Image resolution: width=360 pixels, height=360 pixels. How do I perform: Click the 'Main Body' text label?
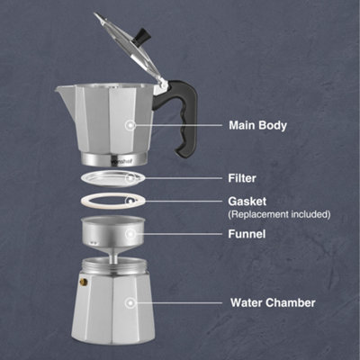258,126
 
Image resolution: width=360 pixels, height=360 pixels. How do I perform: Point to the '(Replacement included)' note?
280,214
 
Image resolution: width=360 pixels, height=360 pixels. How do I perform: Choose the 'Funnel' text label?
248,234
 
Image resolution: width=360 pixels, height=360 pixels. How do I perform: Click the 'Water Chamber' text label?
273,303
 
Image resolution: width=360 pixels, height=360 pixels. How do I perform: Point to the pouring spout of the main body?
61,89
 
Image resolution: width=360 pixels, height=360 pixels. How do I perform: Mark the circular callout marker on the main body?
132,126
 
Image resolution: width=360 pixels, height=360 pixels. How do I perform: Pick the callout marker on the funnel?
132,234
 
